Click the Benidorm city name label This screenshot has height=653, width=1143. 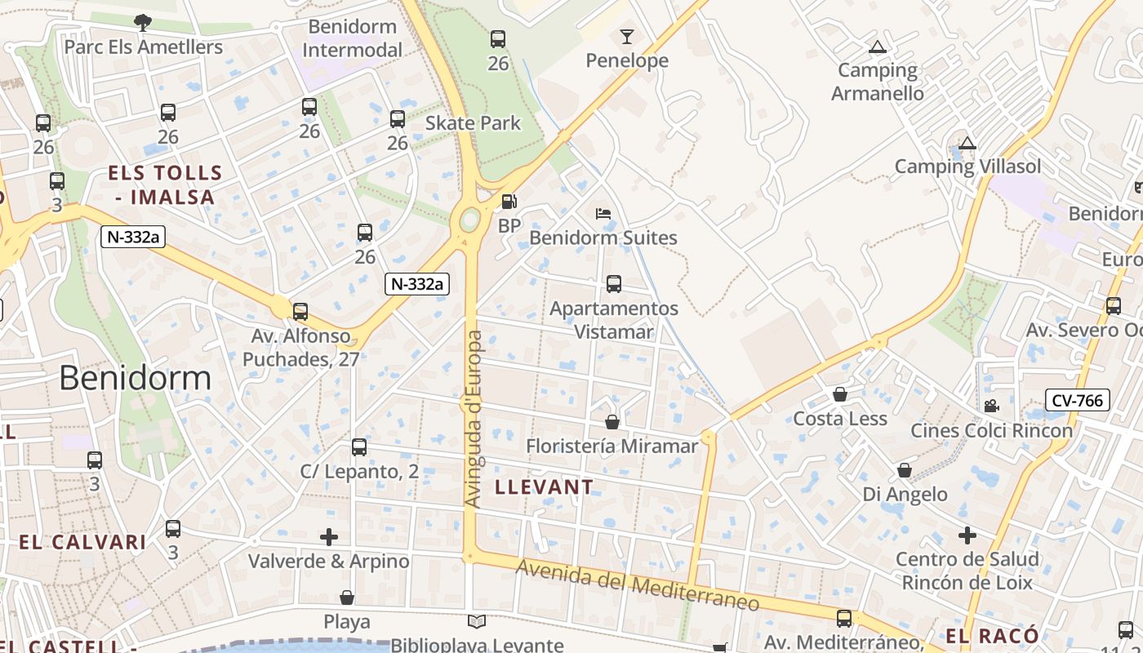pos(136,378)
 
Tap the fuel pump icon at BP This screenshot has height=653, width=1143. pos(509,201)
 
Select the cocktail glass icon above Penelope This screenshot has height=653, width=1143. pos(626,37)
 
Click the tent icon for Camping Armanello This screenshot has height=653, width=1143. pos(878,47)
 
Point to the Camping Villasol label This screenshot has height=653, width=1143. pos(968,167)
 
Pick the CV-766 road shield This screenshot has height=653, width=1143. pos(1078,400)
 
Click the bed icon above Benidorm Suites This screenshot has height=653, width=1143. pos(603,214)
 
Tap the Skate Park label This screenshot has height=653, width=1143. pos(473,123)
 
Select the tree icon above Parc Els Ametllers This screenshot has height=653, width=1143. pos(143,23)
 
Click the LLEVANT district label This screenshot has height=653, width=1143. pos(545,487)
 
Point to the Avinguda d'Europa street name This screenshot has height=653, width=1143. pos(474,419)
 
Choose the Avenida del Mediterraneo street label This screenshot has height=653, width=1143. pos(638,586)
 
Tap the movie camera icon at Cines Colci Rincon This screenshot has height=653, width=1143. pos(991,406)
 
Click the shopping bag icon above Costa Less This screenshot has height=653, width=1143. pos(839,395)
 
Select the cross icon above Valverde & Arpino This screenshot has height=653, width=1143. pos(329,537)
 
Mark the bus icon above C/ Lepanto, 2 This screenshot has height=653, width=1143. pos(359,447)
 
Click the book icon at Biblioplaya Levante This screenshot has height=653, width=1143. pos(477,622)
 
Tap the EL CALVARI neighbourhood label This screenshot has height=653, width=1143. pos(82,542)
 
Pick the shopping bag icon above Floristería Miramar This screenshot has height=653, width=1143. pos(612,422)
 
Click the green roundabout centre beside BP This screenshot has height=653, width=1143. pos(470,220)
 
